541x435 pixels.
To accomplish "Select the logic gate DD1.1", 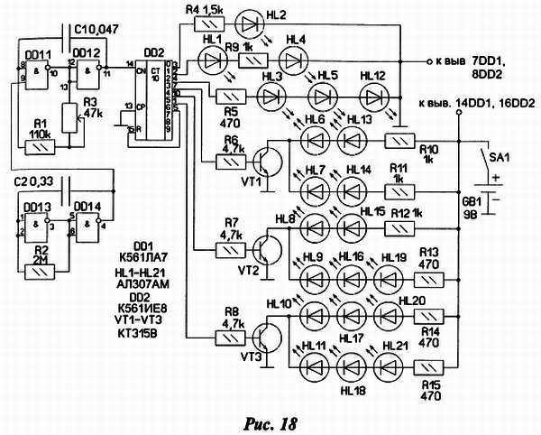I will click(x=33, y=72).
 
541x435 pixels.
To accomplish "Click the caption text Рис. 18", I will click(x=266, y=421).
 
